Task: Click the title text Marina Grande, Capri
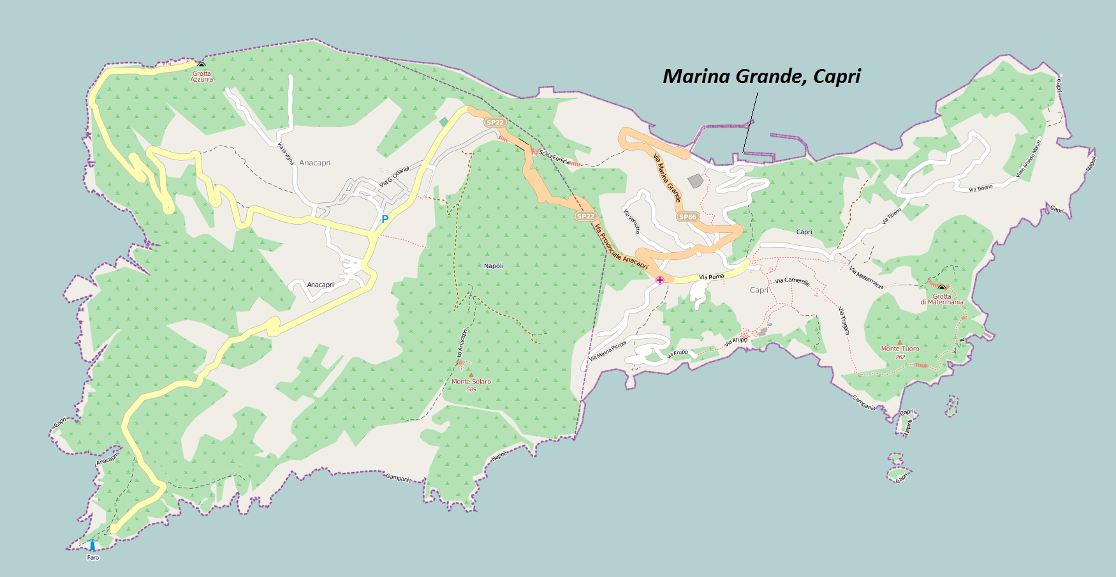761,77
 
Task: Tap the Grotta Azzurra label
202,77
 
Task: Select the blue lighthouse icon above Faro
92,545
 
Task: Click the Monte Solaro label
471,382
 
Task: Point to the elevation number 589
471,389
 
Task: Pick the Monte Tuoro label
900,348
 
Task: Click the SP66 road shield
687,217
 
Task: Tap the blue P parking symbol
385,219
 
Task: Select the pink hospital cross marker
660,280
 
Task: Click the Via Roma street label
711,277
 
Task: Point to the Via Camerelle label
792,281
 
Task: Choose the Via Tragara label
844,320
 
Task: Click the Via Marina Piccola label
607,350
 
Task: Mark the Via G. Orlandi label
394,177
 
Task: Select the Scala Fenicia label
554,156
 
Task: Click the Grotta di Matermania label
941,299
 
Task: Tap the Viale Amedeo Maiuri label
1028,158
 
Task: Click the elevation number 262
900,357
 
